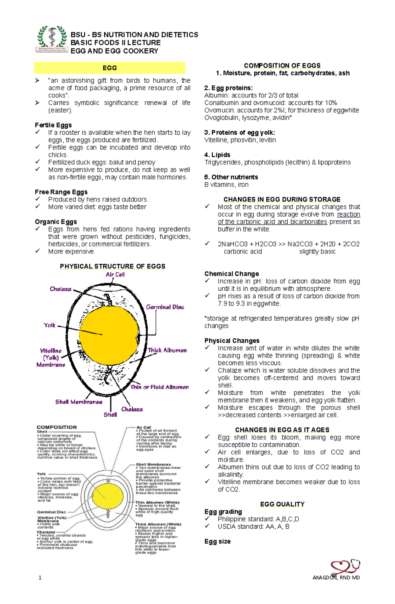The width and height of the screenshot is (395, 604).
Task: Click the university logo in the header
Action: [x=52, y=39]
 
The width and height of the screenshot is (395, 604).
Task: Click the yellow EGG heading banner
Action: [x=110, y=68]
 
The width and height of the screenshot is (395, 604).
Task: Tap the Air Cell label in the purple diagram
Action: [x=115, y=275]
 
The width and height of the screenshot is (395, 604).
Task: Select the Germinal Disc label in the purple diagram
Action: [x=165, y=307]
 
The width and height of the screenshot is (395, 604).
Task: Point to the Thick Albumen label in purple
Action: [x=167, y=350]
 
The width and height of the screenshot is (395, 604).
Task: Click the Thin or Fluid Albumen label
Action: [x=160, y=387]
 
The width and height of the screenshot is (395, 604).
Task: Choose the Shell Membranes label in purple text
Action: [x=79, y=402]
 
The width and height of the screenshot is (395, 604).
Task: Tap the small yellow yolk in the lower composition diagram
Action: [x=108, y=495]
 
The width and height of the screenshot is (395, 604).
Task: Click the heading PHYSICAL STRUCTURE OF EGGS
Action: [x=113, y=266]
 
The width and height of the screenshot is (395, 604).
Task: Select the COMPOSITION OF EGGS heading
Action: [x=282, y=66]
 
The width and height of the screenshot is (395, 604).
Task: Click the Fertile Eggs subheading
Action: [x=53, y=125]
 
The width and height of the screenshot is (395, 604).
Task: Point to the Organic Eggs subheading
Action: [x=56, y=222]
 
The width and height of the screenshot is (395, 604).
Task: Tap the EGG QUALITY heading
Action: [x=282, y=504]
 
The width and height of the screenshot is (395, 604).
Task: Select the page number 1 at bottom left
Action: [x=40, y=578]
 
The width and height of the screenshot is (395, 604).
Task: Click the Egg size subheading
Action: [x=217, y=541]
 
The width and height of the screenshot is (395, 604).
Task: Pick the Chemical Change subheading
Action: [x=231, y=274]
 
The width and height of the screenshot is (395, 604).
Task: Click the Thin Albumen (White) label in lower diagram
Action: [x=157, y=502]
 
